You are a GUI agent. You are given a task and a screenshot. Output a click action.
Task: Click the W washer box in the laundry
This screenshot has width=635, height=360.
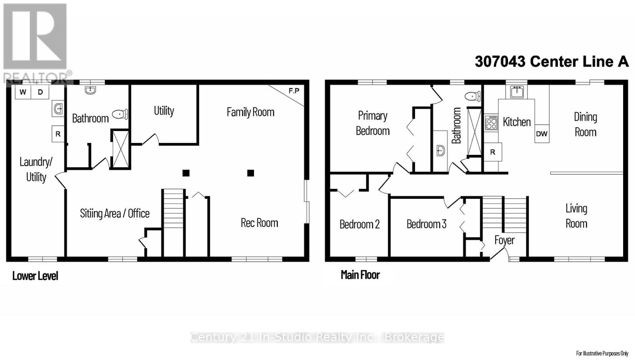(23, 92)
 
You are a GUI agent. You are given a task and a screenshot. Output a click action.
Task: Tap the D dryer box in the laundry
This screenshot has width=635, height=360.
(40, 92)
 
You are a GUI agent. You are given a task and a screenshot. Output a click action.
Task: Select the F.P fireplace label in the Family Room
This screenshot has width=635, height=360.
(294, 91)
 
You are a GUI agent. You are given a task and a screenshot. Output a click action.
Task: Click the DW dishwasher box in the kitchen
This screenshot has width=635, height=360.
(542, 134)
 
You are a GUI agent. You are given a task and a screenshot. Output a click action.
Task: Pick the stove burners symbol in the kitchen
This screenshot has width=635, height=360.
(491, 123)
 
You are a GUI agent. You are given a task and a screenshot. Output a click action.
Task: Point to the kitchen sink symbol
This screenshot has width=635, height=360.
(517, 92)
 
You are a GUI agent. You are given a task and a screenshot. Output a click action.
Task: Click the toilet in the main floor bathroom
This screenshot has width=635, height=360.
(473, 96)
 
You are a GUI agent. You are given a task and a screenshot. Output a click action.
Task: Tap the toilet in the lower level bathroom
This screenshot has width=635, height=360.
(120, 114)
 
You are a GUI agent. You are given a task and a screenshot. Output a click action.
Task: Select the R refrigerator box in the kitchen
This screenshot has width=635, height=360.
(493, 152)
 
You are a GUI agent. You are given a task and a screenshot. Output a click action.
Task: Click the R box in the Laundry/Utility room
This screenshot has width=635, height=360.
(58, 134)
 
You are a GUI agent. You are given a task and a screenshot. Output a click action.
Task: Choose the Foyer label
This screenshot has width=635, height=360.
(504, 240)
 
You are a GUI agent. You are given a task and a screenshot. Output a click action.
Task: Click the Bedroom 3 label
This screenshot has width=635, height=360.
(426, 224)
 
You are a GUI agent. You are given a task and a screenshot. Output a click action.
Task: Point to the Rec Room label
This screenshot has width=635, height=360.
(259, 223)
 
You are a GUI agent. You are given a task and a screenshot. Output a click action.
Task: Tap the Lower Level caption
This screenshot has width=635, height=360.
(35, 276)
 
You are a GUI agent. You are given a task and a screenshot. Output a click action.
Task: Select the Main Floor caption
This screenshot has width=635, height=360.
(360, 275)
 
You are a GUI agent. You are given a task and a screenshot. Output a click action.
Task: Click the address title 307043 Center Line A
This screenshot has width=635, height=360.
(552, 62)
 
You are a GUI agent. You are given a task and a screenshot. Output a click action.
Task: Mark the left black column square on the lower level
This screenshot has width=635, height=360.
(186, 173)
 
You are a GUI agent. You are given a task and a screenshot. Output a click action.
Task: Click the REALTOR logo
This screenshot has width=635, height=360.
(36, 42)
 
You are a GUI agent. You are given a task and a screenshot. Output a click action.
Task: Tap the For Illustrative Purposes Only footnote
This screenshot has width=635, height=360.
(602, 353)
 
